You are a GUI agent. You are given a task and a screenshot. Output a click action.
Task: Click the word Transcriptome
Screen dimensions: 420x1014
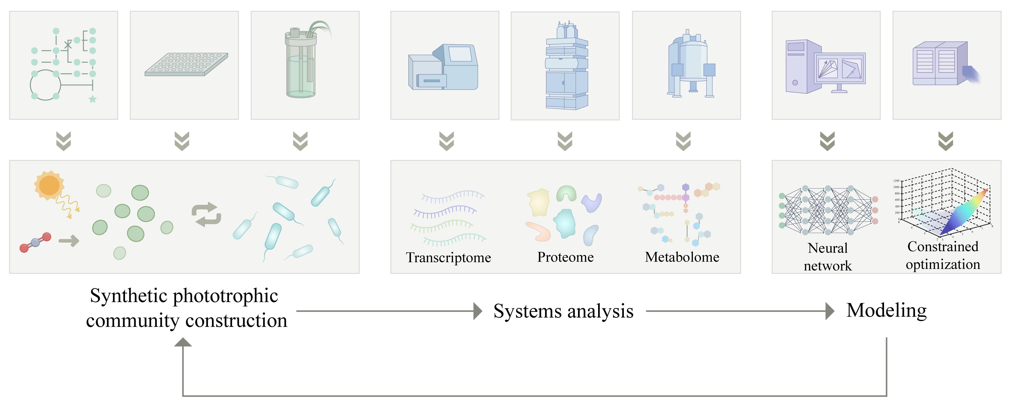(x=448, y=258)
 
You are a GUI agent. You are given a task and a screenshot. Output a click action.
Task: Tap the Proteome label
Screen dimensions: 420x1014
(x=565, y=257)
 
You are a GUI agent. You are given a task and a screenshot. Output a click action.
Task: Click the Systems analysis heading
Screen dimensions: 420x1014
(x=563, y=311)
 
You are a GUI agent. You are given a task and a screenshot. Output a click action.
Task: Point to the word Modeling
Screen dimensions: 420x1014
(x=886, y=310)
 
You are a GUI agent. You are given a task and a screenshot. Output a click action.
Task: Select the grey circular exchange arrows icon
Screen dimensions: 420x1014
(x=206, y=214)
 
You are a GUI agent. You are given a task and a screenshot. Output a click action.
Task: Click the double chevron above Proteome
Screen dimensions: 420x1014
(x=565, y=141)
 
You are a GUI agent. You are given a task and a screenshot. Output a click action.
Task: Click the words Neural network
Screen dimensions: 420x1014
(x=827, y=257)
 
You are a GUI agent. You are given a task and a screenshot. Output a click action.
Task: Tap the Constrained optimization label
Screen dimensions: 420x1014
(x=943, y=255)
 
